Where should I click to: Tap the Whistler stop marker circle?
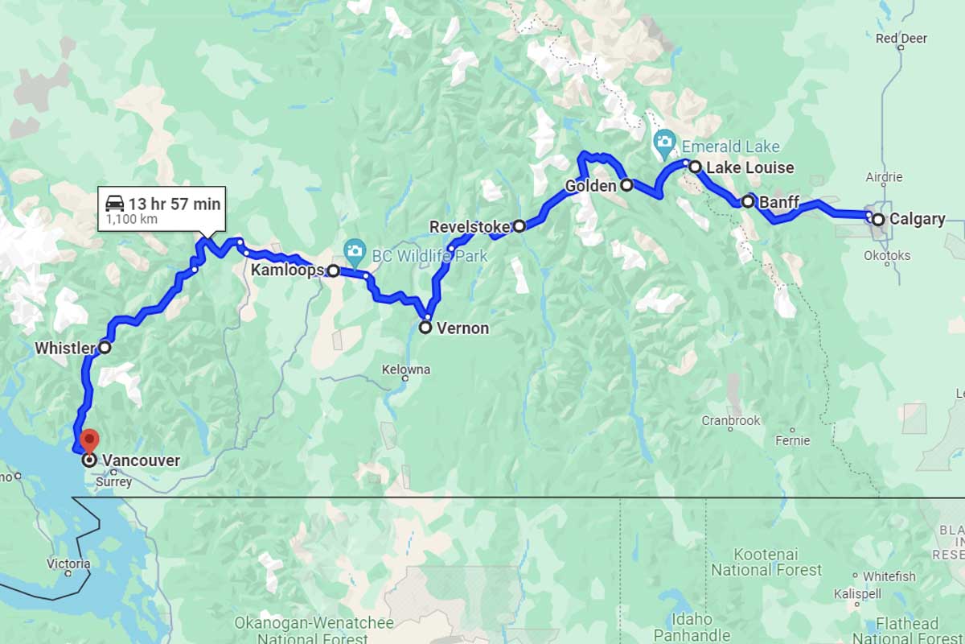105,348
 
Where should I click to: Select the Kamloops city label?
287,270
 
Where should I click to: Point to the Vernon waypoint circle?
425,328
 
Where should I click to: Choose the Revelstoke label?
470,227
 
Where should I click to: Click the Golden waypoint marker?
627,185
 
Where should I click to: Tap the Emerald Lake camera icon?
664,142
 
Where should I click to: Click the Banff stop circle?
748,201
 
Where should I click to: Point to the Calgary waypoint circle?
878,219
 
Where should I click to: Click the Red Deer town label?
901,38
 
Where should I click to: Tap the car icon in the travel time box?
115,203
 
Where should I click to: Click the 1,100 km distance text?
131,219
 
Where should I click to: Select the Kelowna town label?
405,369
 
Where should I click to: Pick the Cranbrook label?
730,420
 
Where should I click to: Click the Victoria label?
68,563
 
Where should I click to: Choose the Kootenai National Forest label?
766,562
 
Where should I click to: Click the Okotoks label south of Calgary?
889,255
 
